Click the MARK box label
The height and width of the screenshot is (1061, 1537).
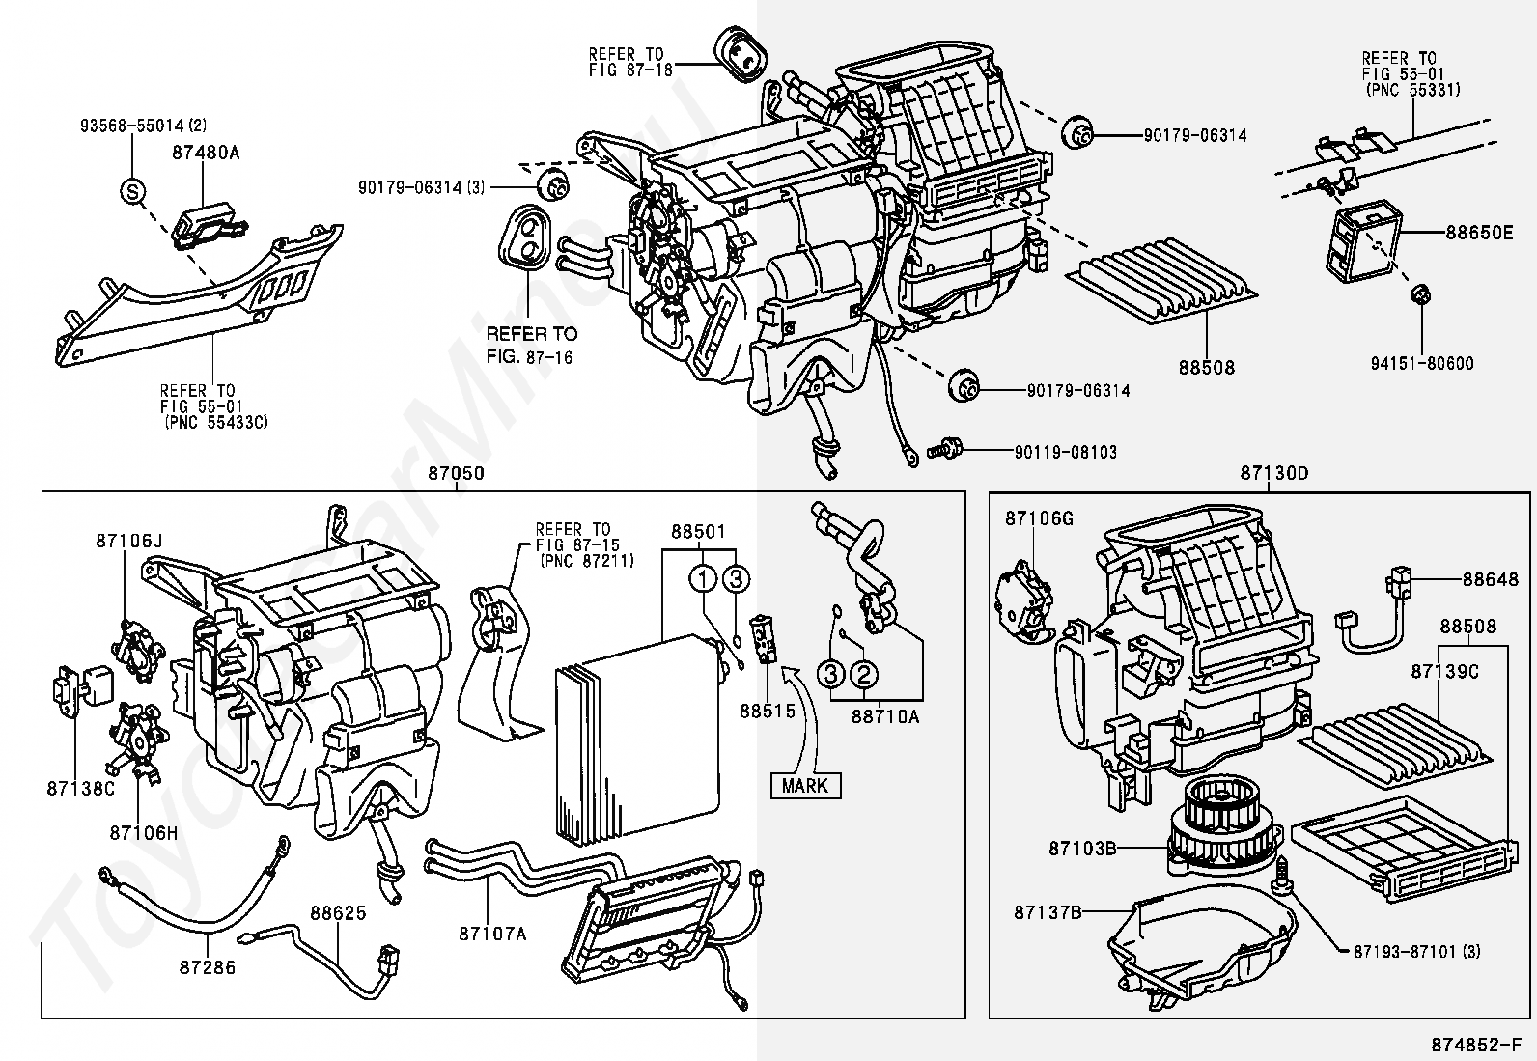click(805, 785)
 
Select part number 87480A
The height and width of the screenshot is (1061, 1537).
click(206, 152)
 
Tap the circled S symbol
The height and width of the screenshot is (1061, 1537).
click(132, 191)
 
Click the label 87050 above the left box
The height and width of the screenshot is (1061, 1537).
click(457, 474)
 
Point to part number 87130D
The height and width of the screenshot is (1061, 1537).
click(1273, 474)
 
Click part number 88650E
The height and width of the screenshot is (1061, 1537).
click(1478, 233)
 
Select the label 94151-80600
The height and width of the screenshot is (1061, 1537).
click(1422, 363)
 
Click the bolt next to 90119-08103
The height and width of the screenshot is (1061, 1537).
click(941, 450)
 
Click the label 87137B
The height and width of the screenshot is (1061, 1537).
click(1048, 911)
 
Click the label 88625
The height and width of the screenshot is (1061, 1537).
click(338, 911)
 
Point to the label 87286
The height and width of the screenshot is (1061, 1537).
click(208, 965)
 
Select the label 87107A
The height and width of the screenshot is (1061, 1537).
click(492, 933)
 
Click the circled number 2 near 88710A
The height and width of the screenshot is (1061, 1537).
click(864, 674)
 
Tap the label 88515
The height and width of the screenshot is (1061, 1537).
click(768, 712)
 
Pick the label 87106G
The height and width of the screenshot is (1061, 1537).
click(1039, 518)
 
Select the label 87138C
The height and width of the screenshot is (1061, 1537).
click(80, 788)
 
